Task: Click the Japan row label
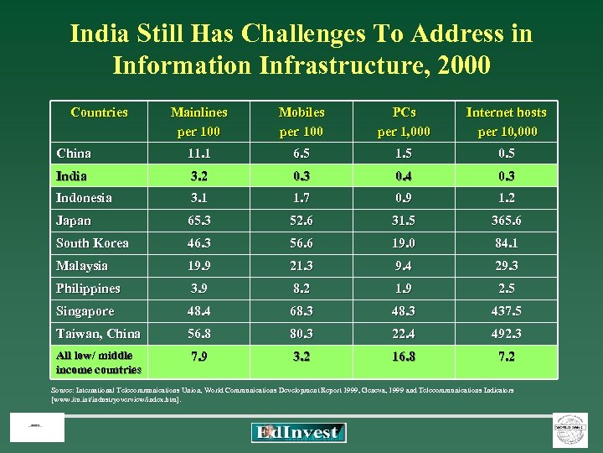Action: (74, 221)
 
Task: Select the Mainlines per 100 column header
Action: (198, 122)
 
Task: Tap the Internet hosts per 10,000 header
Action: (506, 122)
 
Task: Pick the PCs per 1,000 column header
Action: (404, 122)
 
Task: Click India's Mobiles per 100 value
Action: (301, 176)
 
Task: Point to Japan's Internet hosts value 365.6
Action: (506, 221)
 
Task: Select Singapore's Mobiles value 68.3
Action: (301, 311)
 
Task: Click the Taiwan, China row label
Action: (98, 334)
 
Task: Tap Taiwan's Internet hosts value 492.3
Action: (506, 334)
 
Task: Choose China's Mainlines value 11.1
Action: (198, 154)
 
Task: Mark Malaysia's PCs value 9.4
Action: (404, 266)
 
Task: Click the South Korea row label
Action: (92, 243)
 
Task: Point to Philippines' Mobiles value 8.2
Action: (301, 289)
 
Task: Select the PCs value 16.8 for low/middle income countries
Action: (404, 357)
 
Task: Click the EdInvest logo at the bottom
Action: (298, 433)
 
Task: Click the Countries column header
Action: (99, 112)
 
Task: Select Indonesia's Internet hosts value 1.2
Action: (506, 199)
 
